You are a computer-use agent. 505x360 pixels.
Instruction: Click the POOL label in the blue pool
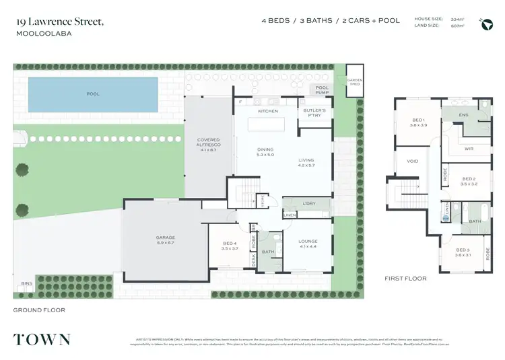coord(93,94)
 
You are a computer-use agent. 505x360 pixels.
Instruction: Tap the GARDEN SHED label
coord(355,81)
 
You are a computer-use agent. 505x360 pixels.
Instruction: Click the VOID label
coord(413,161)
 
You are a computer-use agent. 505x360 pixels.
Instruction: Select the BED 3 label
coord(462,252)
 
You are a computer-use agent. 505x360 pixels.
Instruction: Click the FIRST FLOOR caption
coord(405,278)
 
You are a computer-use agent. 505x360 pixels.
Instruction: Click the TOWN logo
coord(42,338)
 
